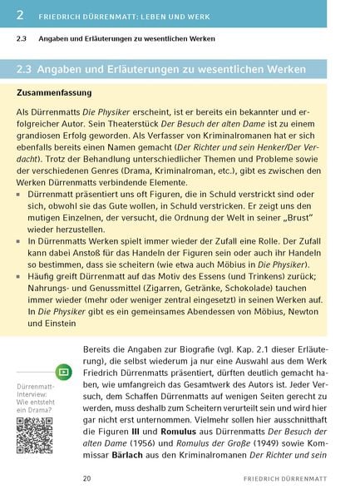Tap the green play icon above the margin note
point(63,372)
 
